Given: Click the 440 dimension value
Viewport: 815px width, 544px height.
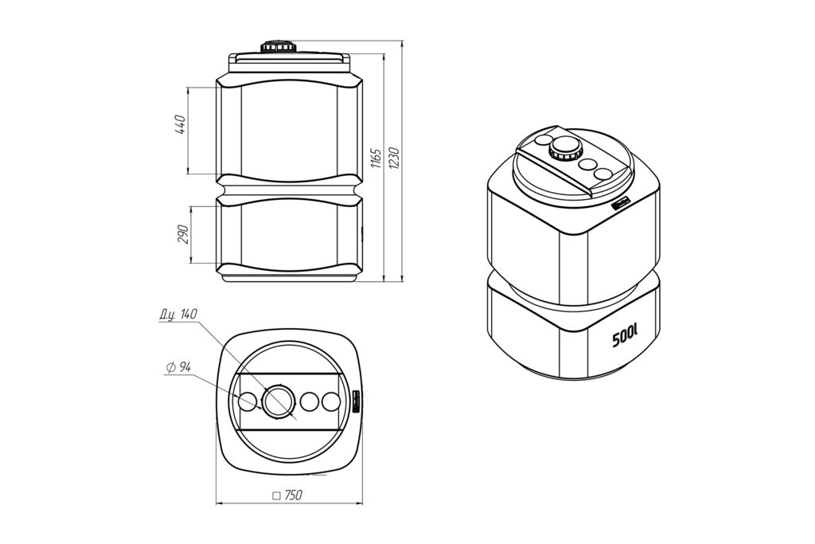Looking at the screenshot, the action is (x=181, y=124).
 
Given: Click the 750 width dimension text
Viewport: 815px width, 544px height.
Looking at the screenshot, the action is (x=294, y=495).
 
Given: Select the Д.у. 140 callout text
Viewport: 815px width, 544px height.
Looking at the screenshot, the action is (x=178, y=315).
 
